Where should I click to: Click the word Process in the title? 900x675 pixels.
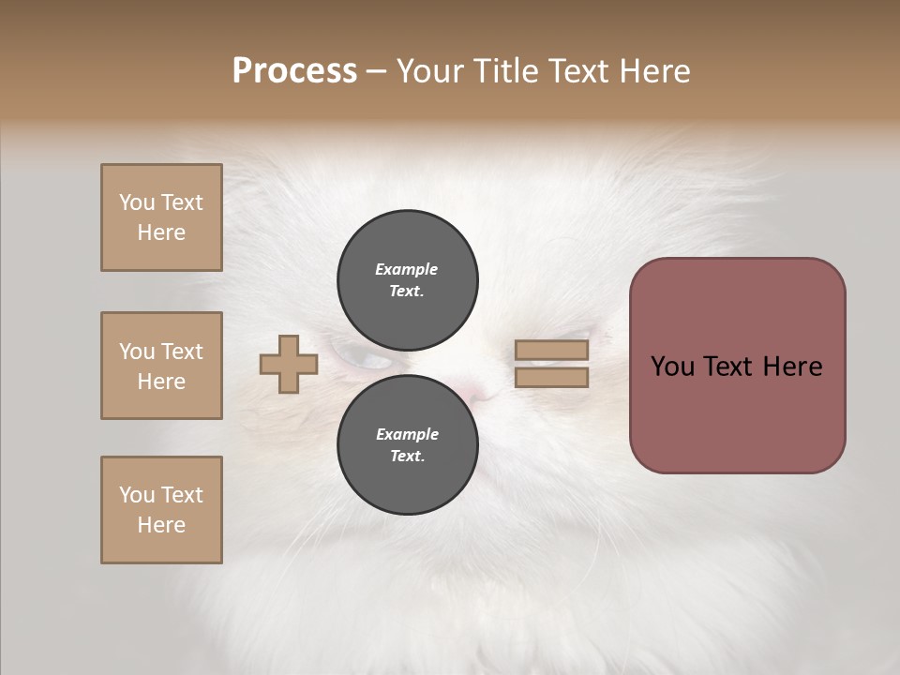pyautogui.click(x=294, y=71)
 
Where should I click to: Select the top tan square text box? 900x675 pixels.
pyautogui.click(x=161, y=217)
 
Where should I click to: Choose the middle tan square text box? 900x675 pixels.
pyautogui.click(x=161, y=366)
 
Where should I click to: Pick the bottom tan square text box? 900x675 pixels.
pyautogui.click(x=161, y=510)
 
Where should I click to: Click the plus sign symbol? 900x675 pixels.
pyautogui.click(x=289, y=364)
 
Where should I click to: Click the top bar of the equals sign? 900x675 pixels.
pyautogui.click(x=551, y=351)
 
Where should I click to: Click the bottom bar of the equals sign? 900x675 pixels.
pyautogui.click(x=551, y=378)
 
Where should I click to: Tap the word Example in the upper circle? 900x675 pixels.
pyautogui.click(x=406, y=269)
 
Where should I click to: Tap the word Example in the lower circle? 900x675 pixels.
pyautogui.click(x=407, y=434)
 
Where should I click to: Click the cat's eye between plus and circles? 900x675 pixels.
pyautogui.click(x=364, y=358)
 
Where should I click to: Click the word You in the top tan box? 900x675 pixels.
pyautogui.click(x=137, y=202)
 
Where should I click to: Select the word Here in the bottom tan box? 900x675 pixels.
pyautogui.click(x=161, y=525)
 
